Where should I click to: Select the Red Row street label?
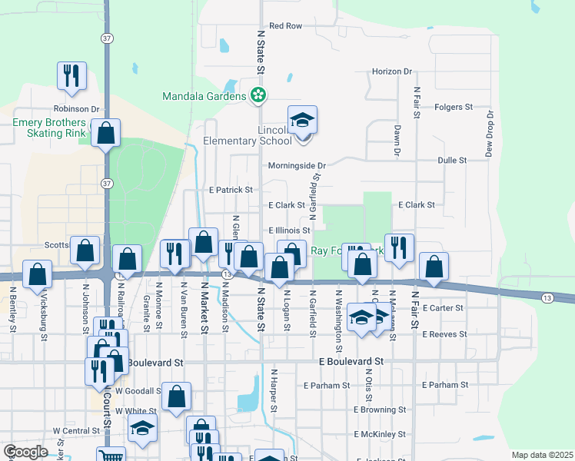[x=286, y=26]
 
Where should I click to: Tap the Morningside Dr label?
[x=297, y=165]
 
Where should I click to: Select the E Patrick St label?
[x=231, y=190]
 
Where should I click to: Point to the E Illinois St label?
[x=289, y=230]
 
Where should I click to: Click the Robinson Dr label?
[x=77, y=110]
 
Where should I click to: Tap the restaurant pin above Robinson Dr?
[x=71, y=76]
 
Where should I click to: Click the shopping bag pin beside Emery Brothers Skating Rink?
[x=106, y=134]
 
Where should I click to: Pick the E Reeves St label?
[x=444, y=334]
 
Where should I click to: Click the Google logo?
[x=25, y=452]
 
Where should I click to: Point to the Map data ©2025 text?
[x=542, y=455]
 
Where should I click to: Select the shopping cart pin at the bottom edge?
[x=112, y=456]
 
